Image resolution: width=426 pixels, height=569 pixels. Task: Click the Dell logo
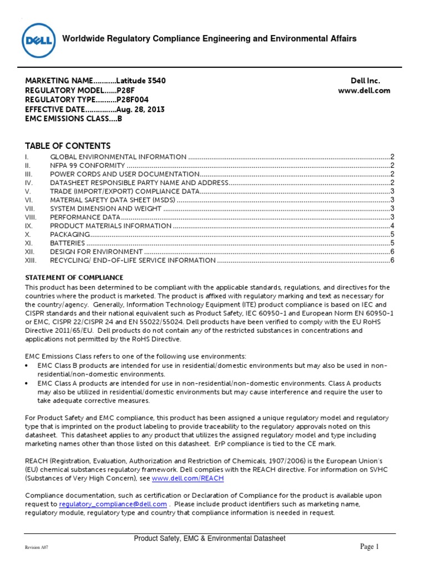click(38, 39)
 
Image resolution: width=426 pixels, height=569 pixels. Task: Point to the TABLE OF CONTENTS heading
click(68, 146)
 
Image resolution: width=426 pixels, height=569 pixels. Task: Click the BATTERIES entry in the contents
click(68, 243)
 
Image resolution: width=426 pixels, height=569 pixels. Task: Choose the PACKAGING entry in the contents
click(70, 234)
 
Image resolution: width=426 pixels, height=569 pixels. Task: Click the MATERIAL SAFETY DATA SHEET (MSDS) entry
click(113, 200)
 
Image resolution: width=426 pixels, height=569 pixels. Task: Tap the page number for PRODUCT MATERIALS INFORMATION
click(392, 226)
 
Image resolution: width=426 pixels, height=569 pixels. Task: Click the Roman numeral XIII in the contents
click(31, 260)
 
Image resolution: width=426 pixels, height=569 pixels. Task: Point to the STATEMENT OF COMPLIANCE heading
click(74, 277)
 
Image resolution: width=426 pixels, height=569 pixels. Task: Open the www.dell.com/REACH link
click(187, 478)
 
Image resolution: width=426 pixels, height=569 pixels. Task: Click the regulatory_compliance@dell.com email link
click(113, 504)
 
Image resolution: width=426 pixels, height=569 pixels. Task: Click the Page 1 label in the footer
click(369, 547)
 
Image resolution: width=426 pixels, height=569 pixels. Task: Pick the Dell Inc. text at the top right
click(365, 81)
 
